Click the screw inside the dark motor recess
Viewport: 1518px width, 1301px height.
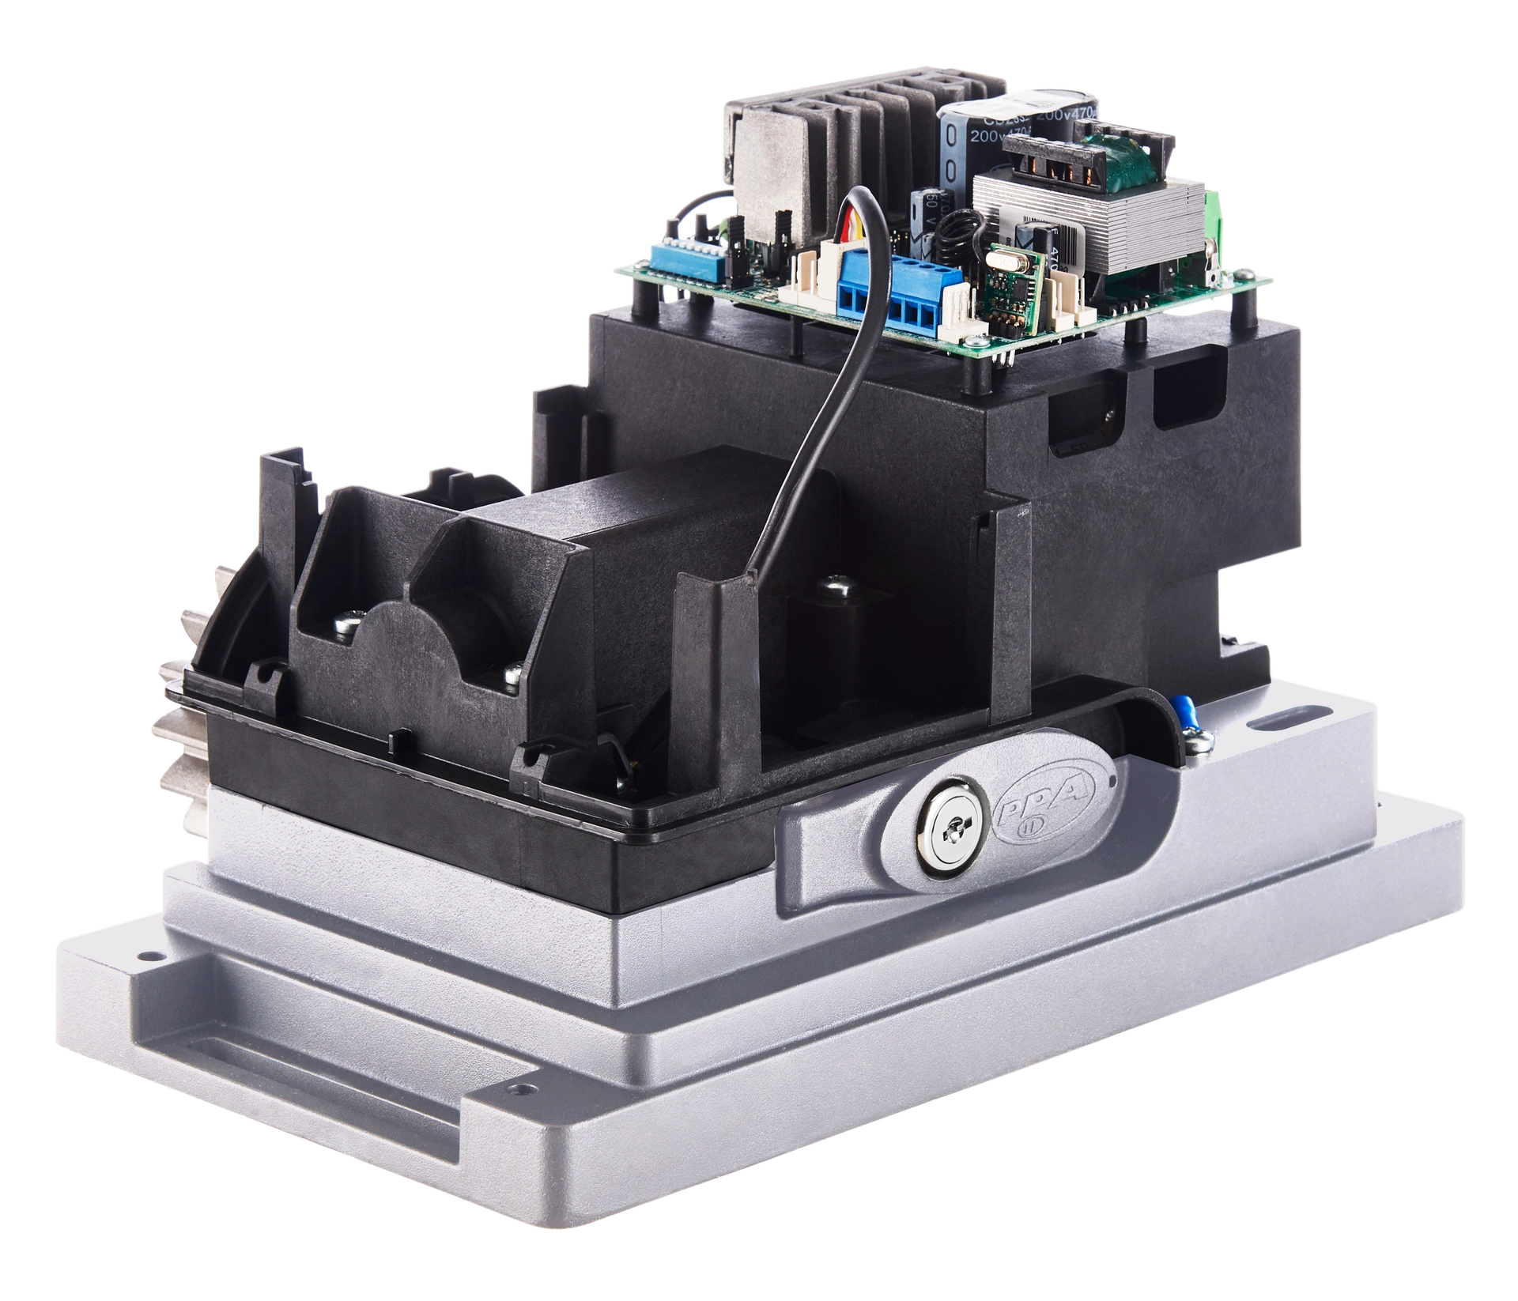(x=835, y=587)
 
